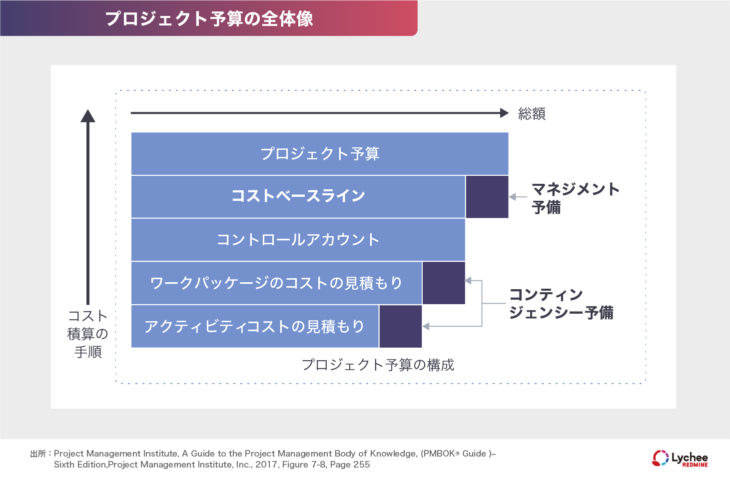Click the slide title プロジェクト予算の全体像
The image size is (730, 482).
coord(209,18)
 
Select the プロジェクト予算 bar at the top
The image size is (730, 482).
coord(320,153)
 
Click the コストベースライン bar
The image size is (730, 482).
coord(298,196)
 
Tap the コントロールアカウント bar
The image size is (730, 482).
coord(298,240)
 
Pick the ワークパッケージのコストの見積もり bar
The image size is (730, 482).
coord(276,283)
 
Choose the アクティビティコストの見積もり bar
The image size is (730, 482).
coord(254,327)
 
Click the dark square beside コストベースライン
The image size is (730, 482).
coord(487,197)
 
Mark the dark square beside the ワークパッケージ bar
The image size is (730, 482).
coord(444,283)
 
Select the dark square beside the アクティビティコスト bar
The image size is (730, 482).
coord(401,327)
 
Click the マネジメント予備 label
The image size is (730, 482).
coord(575,198)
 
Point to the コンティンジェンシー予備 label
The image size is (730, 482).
coord(561,304)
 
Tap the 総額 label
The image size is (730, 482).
coord(532,114)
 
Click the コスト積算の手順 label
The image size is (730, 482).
coord(88,334)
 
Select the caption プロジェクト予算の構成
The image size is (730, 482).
coord(378,365)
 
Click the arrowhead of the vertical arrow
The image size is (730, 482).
coord(88,116)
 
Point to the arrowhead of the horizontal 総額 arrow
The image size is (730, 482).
coord(504,113)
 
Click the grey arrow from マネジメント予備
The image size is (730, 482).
coord(518,197)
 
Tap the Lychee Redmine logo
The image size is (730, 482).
coord(680,459)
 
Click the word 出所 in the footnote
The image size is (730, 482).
coord(37,454)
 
